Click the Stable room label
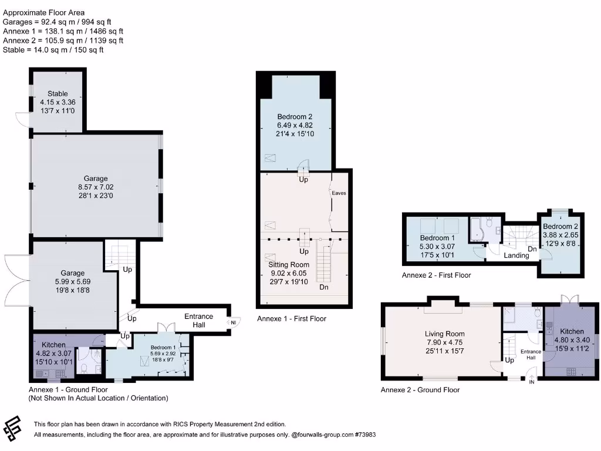coord(58,93)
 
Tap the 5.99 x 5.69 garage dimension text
coord(73,281)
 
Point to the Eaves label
coord(339,192)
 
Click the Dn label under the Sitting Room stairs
coord(324,288)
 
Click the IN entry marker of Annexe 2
coord(532,382)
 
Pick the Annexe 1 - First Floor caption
coord(291,318)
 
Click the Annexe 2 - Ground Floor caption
coord(420,390)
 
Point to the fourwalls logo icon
coord(13,429)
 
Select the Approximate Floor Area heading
coord(43,12)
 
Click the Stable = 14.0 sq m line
coord(53,50)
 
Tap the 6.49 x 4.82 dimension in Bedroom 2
coord(295,125)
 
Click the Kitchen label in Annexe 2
coord(572,331)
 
